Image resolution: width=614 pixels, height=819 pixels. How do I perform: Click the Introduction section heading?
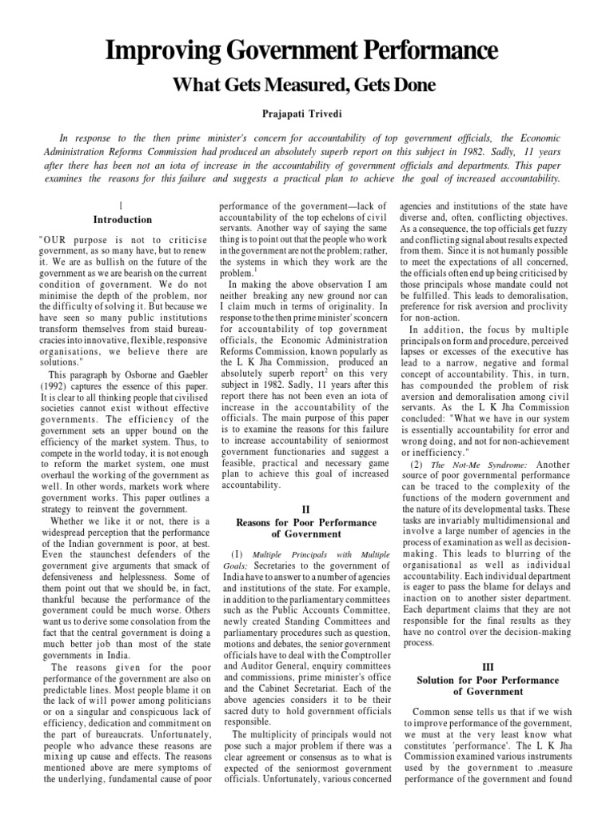pyautogui.click(x=122, y=219)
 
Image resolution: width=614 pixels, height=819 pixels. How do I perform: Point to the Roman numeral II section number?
pyautogui.click(x=307, y=507)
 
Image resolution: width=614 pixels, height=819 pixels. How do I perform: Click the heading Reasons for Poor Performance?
pyautogui.click(x=307, y=522)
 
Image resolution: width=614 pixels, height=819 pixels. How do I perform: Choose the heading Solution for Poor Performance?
pyautogui.click(x=488, y=679)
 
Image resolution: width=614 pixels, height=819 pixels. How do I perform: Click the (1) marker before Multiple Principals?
pyautogui.click(x=237, y=554)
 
